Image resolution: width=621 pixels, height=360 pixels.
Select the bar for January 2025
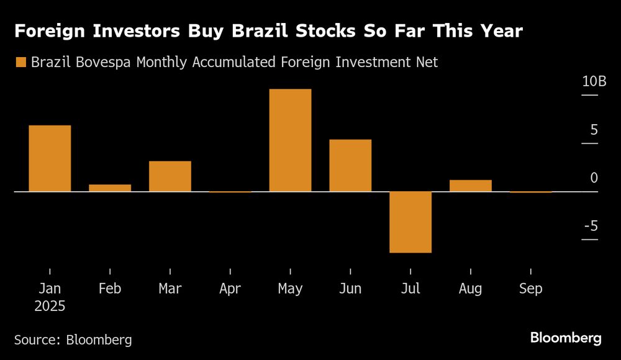pyautogui.click(x=50, y=158)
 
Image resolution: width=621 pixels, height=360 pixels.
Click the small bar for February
pyautogui.click(x=110, y=187)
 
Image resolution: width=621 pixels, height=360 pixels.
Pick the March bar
pyautogui.click(x=170, y=176)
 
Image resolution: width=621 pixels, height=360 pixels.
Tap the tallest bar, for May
pyautogui.click(x=290, y=140)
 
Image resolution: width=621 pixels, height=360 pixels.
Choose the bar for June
pyautogui.click(x=350, y=165)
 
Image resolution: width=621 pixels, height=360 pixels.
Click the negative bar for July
pyautogui.click(x=410, y=222)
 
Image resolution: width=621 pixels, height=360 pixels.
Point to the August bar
pyautogui.click(x=471, y=186)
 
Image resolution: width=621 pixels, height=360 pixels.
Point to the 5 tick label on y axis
pyautogui.click(x=594, y=130)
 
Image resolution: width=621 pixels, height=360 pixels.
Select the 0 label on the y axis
pyautogui.click(x=594, y=178)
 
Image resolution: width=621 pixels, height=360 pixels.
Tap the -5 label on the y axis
pyautogui.click(x=591, y=226)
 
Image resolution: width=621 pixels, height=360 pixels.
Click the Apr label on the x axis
pyautogui.click(x=230, y=289)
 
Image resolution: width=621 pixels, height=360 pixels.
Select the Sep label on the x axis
pyautogui.click(x=530, y=289)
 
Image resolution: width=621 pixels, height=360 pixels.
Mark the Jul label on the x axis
pyautogui.click(x=410, y=289)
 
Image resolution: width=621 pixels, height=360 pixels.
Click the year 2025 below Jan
pyautogui.click(x=50, y=307)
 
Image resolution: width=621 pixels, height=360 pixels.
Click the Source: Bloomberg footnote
pyautogui.click(x=73, y=340)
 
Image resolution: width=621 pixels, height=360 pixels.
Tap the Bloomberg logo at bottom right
pyautogui.click(x=565, y=338)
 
